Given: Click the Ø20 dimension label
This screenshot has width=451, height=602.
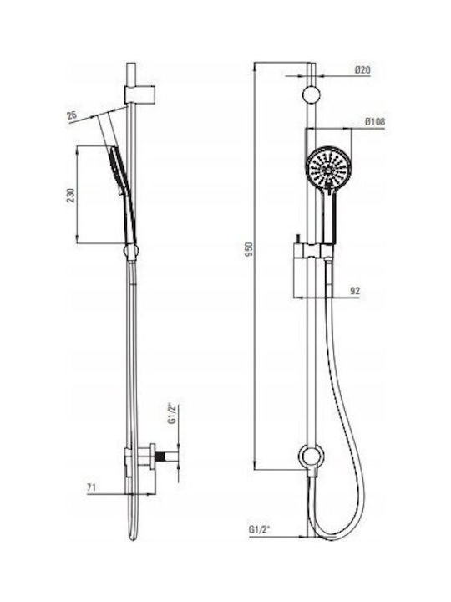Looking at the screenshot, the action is click(362, 70).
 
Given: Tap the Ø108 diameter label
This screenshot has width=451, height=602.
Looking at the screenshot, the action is click(375, 122).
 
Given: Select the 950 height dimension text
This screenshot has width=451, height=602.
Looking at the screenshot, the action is click(250, 249).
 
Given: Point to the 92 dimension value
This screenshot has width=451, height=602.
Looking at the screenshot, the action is click(355, 291).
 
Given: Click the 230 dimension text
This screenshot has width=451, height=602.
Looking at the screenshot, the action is click(72, 195).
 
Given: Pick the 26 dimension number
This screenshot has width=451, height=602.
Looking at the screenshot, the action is click(72, 115).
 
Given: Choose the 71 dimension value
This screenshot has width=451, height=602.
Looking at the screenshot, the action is click(91, 487).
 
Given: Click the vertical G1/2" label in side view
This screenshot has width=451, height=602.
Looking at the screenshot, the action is click(172, 413).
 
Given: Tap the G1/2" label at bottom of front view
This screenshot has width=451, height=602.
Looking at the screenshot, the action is click(260, 529).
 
